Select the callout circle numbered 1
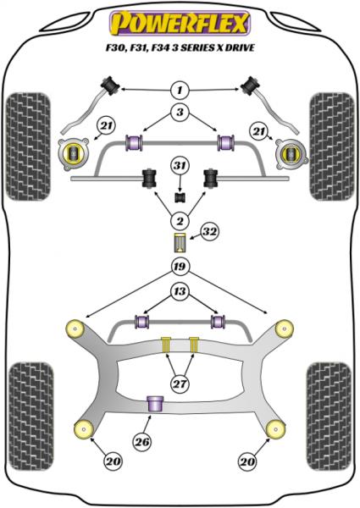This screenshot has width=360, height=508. tap(180, 89)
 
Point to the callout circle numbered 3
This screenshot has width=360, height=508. tap(180, 113)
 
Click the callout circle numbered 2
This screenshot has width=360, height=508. tap(180, 221)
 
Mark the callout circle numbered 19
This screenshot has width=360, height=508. tap(180, 268)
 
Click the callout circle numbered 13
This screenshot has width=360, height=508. tap(180, 293)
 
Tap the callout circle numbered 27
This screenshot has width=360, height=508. tap(180, 384)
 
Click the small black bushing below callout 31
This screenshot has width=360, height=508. tap(180, 197)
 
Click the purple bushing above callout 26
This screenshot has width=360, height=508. tap(156, 404)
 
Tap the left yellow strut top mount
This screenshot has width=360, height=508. tap(74, 152)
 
